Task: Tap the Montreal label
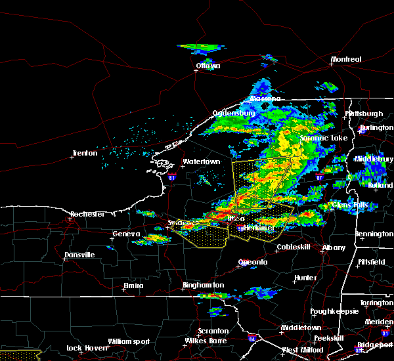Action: click(346, 60)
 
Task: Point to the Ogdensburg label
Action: click(233, 113)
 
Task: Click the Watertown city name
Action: click(201, 161)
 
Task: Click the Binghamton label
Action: click(204, 286)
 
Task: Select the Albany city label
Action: click(333, 247)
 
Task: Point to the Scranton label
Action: click(213, 331)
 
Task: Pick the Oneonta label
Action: click(253, 262)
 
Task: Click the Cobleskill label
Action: click(292, 247)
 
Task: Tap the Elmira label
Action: click(133, 286)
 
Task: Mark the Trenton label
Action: click(85, 154)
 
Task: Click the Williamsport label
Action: click(129, 341)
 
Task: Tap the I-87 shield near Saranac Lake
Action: click(319, 177)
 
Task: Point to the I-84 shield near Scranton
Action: click(252, 339)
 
